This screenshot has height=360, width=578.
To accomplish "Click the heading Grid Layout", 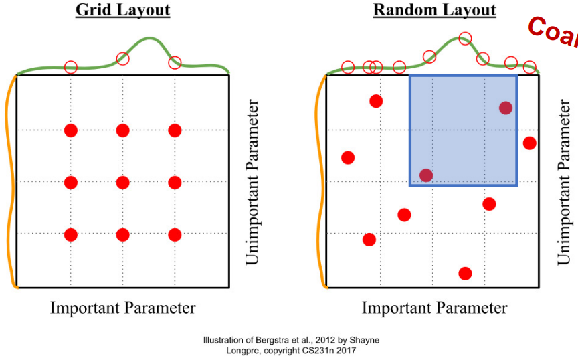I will tap(122, 10).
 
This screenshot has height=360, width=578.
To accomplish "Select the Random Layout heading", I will tap(434, 10).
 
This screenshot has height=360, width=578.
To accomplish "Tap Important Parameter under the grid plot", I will tap(122, 308).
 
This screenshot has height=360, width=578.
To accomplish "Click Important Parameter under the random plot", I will tap(434, 308).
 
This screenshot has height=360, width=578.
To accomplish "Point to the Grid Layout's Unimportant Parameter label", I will tap(252, 182).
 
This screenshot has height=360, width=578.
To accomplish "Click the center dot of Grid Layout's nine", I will tap(122, 182).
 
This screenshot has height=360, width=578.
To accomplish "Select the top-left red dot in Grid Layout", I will tap(71, 130).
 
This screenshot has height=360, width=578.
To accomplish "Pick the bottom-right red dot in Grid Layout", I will tap(175, 234).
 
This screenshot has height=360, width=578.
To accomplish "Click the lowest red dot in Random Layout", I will tap(466, 273).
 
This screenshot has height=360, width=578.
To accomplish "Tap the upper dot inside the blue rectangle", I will tap(505, 108).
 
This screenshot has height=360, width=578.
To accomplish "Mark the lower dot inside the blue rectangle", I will tap(426, 175).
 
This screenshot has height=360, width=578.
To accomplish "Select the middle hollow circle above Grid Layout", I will tap(122, 59).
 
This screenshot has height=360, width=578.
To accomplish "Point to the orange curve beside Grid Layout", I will tap(9, 181).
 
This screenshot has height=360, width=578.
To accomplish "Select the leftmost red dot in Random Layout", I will tap(348, 157).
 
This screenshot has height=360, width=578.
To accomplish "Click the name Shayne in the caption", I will tap(364, 341).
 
